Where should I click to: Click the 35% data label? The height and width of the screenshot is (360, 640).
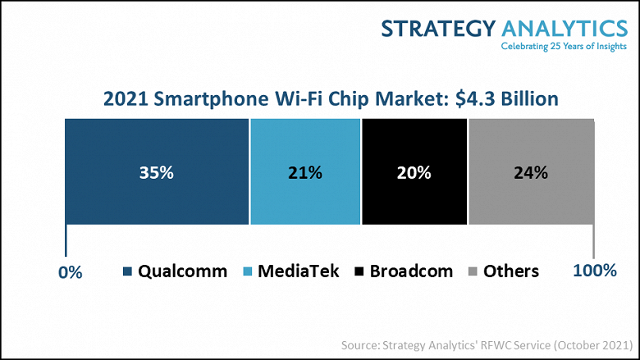157,173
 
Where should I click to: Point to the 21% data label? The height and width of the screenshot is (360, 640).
305,173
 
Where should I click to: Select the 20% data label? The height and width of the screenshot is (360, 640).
414,173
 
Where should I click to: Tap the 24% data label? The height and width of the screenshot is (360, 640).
531,173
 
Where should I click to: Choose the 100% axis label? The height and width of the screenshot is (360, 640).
593,271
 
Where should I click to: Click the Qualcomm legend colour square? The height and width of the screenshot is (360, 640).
127,271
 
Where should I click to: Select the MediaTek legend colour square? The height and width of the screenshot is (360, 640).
249,271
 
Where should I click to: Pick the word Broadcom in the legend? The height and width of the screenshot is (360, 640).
411,271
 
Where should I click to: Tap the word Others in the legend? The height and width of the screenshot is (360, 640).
511,271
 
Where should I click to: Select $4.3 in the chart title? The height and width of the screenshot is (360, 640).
464,99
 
